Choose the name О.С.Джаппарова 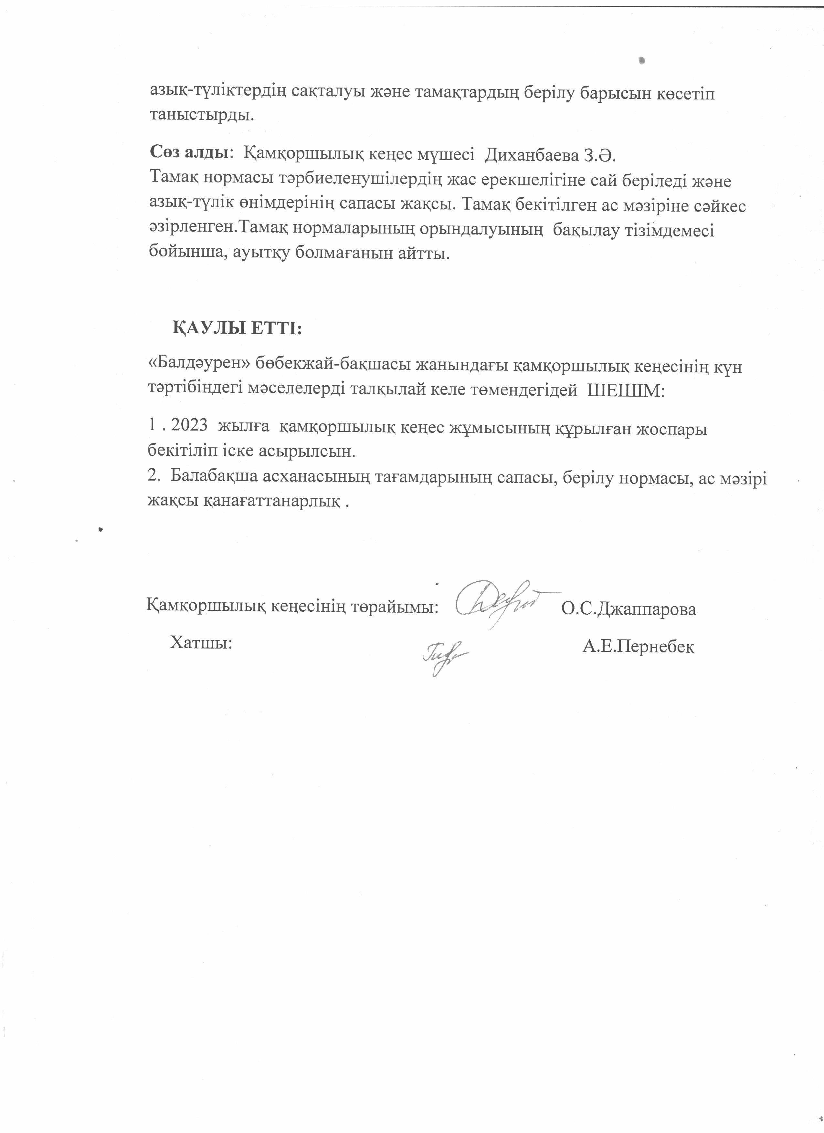pos(629,609)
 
